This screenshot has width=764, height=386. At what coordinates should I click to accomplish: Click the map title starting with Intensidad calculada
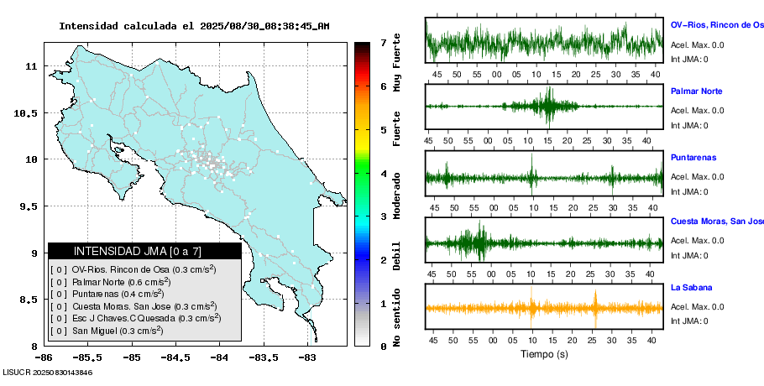click(x=194, y=26)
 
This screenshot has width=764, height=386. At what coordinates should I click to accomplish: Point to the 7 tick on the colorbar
click(x=383, y=42)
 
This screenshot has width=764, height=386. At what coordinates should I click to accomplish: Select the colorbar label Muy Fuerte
click(x=397, y=63)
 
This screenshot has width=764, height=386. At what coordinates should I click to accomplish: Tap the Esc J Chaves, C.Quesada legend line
click(x=134, y=318)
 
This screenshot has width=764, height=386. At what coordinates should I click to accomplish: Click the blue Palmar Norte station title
click(x=696, y=91)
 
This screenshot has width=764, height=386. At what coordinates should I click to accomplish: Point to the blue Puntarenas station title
click(x=693, y=157)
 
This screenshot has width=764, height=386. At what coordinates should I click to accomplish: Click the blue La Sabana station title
click(x=693, y=287)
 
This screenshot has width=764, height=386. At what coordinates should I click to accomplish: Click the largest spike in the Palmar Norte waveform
click(x=549, y=106)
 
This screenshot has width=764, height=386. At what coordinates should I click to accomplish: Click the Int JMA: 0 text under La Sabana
click(x=689, y=321)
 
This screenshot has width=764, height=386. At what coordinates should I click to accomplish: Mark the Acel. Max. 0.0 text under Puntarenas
click(x=697, y=176)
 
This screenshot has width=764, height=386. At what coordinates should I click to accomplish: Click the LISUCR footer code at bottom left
click(x=47, y=372)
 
